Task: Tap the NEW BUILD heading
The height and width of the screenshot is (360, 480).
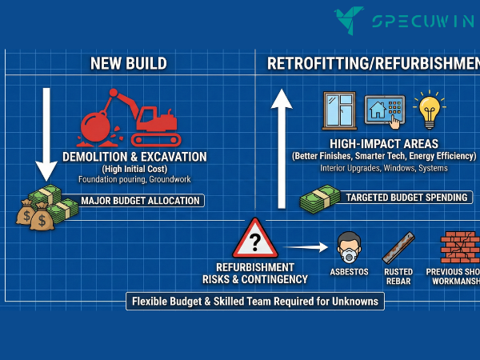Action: pos(128,63)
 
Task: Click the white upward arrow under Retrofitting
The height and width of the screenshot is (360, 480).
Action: pos(281,147)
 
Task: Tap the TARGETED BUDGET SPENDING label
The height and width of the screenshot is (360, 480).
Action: pos(408,197)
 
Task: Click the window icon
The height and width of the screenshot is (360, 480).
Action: pos(339,110)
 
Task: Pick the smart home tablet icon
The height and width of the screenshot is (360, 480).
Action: pos(385,109)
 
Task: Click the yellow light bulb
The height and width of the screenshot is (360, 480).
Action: pos(430,110)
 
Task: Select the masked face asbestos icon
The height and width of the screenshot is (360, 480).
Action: pos(349,246)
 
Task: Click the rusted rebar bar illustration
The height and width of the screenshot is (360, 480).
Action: pos(398,247)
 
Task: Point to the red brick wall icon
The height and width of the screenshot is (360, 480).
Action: pos(459,247)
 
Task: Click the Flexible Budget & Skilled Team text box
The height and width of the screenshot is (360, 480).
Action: pos(254,302)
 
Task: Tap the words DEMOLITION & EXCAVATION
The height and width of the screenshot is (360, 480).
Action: pos(134,157)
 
